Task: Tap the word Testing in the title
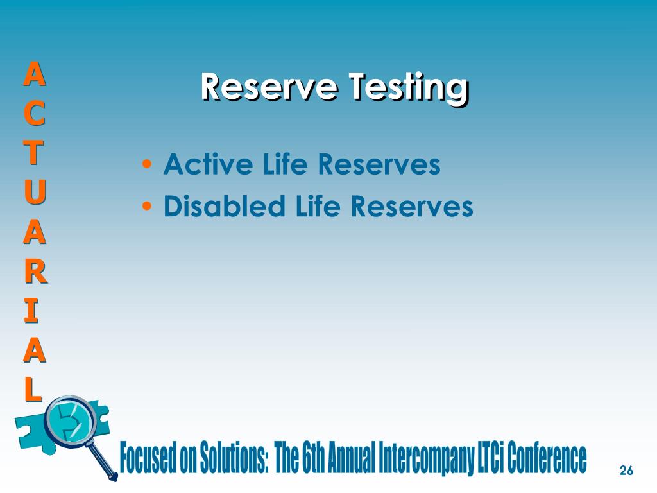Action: [x=407, y=87]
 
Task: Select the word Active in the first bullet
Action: [x=200, y=165]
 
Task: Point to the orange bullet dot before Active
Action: [x=148, y=166]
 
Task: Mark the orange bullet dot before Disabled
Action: [x=148, y=207]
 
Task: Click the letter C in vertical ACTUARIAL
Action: [x=35, y=114]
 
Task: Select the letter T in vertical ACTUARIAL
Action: [x=35, y=153]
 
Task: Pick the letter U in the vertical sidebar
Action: [x=35, y=192]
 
